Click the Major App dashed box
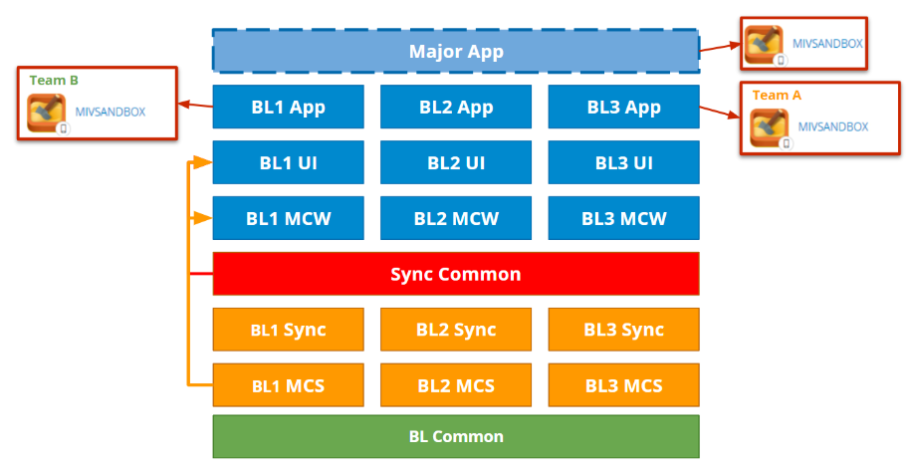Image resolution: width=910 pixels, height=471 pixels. [x=456, y=51]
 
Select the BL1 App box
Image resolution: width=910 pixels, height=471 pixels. [x=288, y=107]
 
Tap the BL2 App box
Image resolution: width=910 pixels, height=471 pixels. [x=456, y=107]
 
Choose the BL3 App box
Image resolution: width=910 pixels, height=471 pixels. [x=623, y=107]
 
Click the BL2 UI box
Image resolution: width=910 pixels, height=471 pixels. [x=456, y=162]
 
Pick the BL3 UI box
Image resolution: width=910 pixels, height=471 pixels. [x=623, y=162]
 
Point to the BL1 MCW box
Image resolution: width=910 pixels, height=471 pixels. [x=288, y=218]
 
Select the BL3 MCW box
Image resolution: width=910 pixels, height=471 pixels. [x=623, y=218]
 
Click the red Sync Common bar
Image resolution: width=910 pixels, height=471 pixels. [x=456, y=274]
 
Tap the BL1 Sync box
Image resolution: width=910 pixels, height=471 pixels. [x=288, y=330]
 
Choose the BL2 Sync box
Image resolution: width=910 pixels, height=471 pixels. [x=456, y=330]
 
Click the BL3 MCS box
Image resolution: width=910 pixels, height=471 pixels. [x=623, y=385]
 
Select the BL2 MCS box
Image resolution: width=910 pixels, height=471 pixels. [x=456, y=385]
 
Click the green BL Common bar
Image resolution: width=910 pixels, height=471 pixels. [x=456, y=436]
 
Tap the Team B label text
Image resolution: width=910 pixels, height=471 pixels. [x=48, y=80]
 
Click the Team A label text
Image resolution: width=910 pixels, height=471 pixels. [x=777, y=95]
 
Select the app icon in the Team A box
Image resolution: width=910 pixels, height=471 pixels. [x=770, y=128]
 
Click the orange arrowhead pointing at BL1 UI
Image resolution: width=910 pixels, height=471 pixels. [x=204, y=161]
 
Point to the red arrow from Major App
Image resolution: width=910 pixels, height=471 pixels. [x=719, y=46]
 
